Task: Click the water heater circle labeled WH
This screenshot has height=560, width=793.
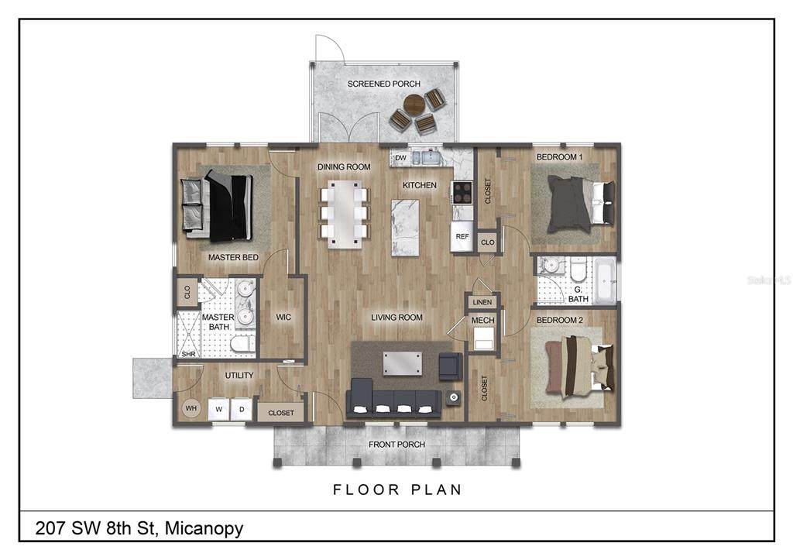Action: coord(191,408)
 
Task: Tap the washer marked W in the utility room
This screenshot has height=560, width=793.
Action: coord(219,409)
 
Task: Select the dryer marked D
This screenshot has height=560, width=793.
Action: coord(242,409)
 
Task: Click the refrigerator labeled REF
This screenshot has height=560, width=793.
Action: coord(462,236)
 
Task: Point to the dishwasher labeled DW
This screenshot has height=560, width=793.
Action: coord(400,158)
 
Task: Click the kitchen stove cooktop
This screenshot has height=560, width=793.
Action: coord(462,192)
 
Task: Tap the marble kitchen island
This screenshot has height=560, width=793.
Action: coord(405,228)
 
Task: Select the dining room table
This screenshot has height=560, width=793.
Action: coord(344,214)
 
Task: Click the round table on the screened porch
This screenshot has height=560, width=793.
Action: coord(414,105)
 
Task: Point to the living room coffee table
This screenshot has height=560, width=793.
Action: coord(402,364)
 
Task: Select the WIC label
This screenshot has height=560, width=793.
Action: coord(283,318)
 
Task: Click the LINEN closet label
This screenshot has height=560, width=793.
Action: coord(482,302)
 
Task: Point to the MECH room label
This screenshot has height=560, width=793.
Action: coord(483,320)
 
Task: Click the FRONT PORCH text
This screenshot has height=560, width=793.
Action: coord(396,444)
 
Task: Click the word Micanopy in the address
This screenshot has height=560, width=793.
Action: coord(204,529)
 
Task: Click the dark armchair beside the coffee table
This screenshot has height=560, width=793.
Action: coord(450,366)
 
